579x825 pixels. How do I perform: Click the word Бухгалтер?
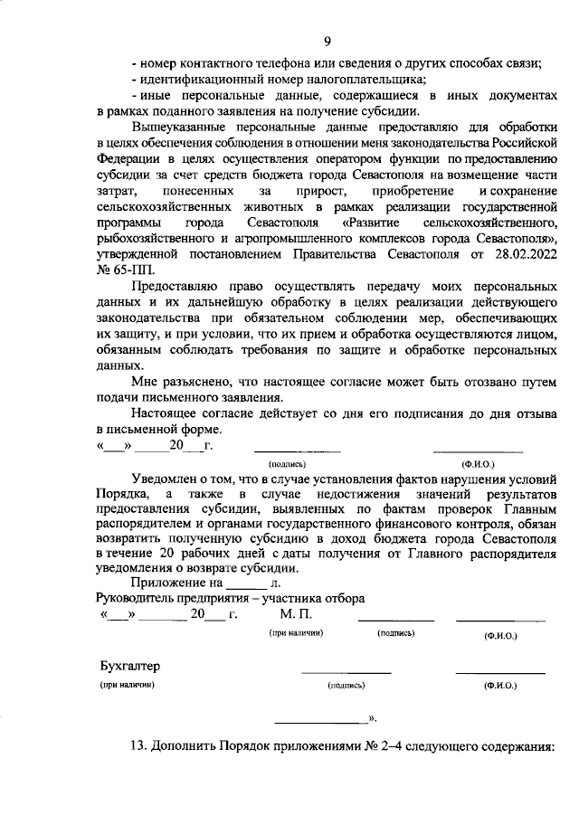coord(129,666)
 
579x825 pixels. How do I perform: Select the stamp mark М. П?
coord(295,615)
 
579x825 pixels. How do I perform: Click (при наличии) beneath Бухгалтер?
coord(128,686)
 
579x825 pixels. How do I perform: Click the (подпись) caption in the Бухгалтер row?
coord(346,687)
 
